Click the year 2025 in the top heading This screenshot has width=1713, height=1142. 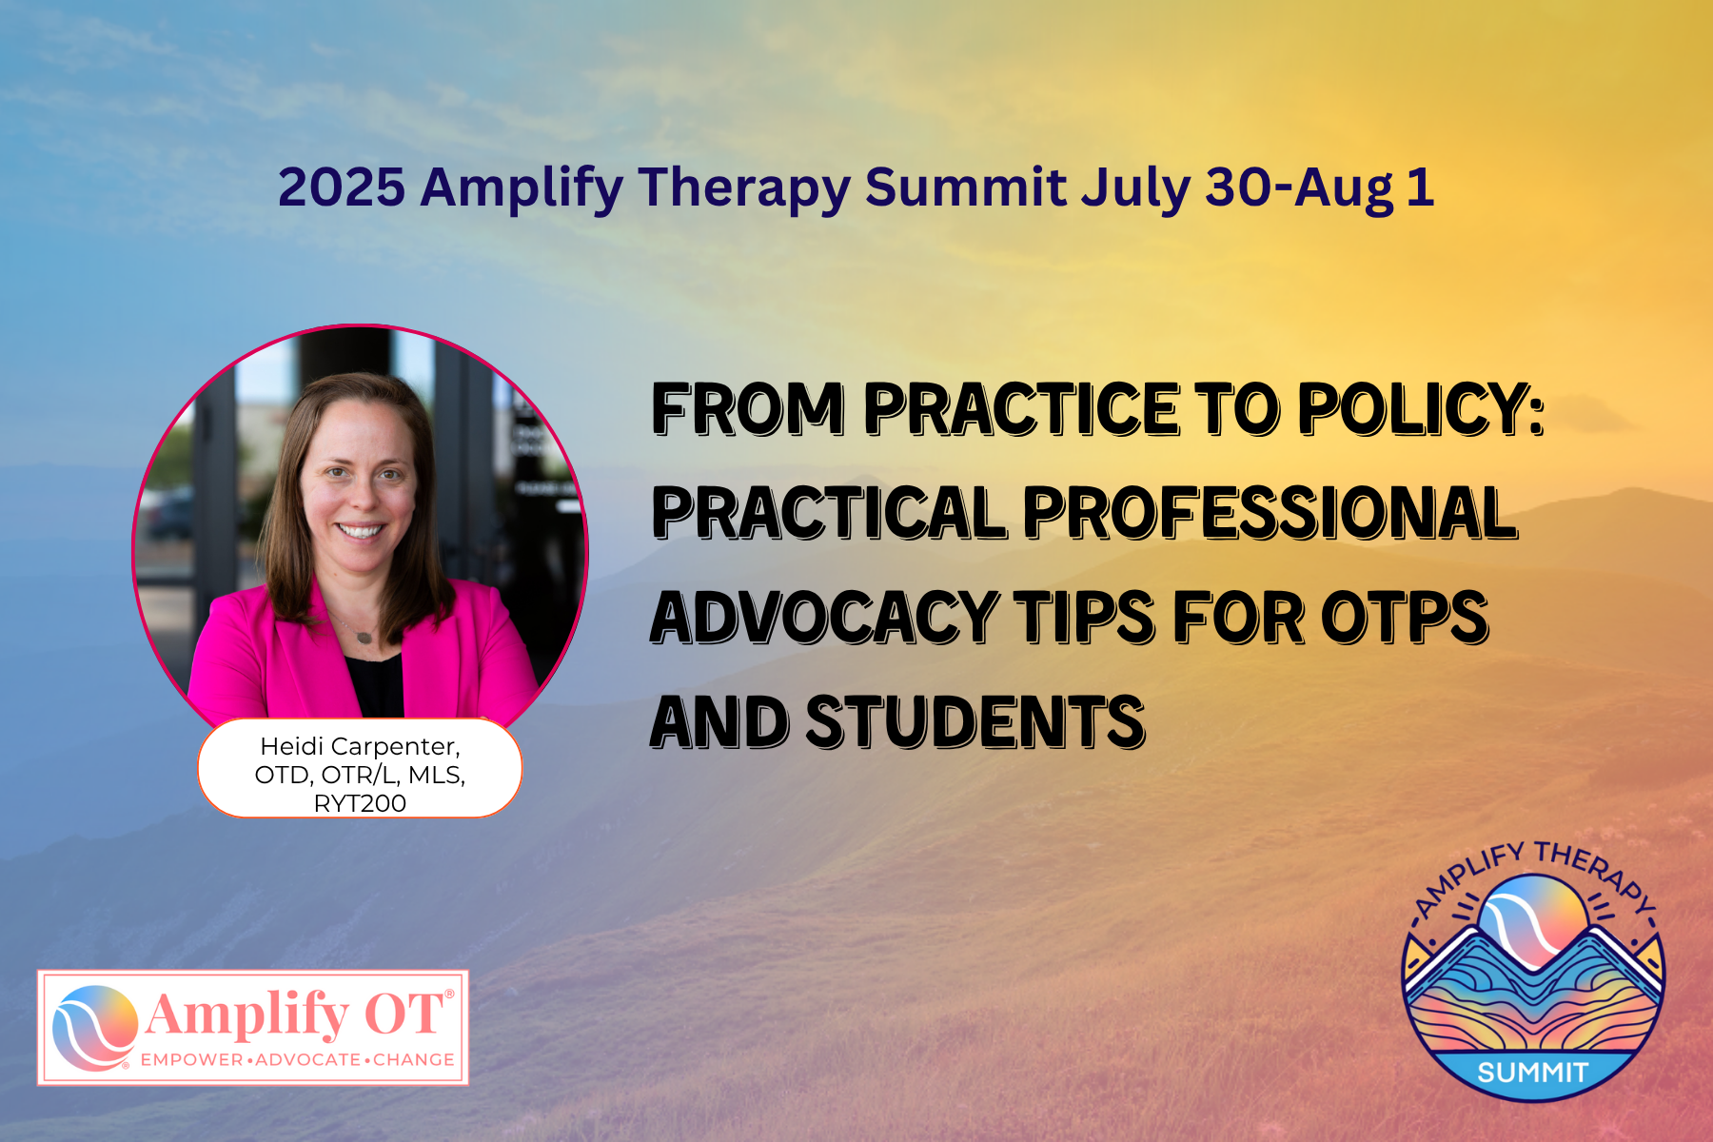342,187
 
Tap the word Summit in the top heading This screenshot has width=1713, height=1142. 966,187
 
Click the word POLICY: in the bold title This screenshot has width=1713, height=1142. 1421,409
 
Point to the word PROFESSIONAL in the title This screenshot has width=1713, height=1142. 1270,514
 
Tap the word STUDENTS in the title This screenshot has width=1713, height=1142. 975,721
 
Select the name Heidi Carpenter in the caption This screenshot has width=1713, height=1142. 360,747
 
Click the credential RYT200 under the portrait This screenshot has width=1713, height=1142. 360,804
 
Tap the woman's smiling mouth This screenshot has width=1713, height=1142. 360,530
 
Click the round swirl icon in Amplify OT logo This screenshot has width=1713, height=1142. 95,1028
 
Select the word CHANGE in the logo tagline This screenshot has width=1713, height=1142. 414,1060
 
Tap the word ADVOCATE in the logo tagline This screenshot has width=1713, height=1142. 307,1060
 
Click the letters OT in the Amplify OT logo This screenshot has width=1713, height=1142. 404,1014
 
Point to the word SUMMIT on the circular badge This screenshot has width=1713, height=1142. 1532,1073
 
